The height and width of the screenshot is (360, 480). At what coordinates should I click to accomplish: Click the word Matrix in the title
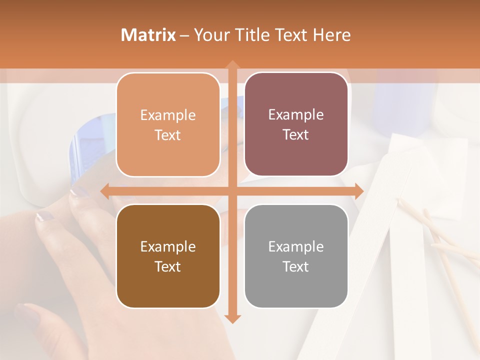[148, 35]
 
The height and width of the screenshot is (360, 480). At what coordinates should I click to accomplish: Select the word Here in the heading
[331, 35]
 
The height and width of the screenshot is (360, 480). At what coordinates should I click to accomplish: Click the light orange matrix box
[168, 124]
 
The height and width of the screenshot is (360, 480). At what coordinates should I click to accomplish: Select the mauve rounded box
[296, 124]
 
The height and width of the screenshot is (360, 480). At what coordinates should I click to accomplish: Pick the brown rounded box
[168, 256]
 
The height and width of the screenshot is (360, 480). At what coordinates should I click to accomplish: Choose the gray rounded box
[296, 256]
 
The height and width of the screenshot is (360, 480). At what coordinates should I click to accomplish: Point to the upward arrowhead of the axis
[232, 65]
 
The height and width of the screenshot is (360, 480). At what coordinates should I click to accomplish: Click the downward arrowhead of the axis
[232, 318]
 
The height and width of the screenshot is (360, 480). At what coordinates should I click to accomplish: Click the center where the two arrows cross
[232, 191]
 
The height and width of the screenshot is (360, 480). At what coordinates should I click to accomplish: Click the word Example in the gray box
[296, 246]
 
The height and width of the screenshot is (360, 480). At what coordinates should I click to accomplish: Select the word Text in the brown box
[168, 266]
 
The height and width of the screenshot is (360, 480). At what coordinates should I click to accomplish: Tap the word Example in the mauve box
[296, 114]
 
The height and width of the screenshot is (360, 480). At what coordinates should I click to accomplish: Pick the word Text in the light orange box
[168, 135]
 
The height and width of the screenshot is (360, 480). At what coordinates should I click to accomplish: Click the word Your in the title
[209, 35]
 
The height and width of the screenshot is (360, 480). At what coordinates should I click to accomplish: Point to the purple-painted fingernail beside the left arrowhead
[80, 191]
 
